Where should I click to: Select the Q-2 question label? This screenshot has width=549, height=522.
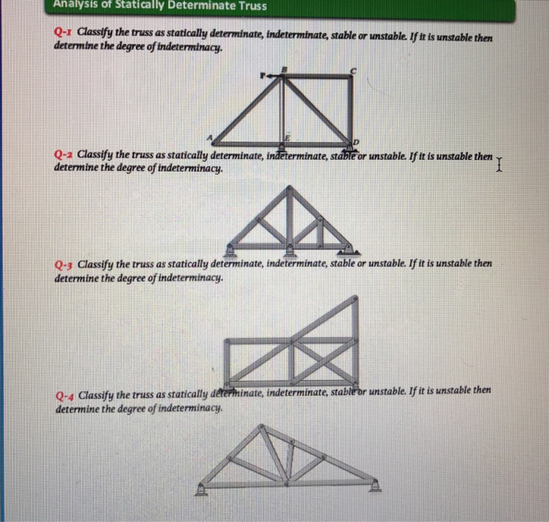64,156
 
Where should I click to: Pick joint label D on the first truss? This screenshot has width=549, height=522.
357,141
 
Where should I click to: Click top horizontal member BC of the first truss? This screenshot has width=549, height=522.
318,77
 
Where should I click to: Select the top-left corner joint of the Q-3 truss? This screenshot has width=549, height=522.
227,341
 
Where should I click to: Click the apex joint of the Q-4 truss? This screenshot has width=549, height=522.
263,429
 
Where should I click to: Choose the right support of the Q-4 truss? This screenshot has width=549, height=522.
376,486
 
